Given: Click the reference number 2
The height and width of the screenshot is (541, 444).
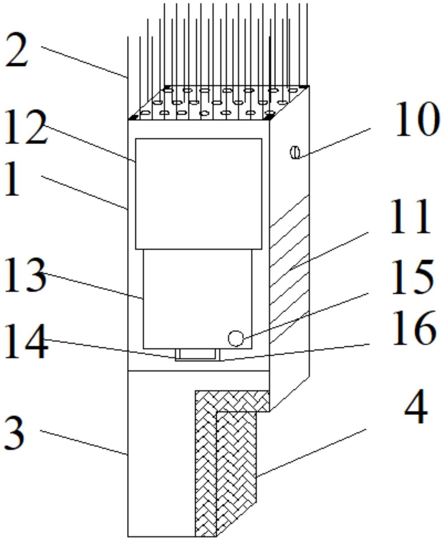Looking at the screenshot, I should tap(17, 50).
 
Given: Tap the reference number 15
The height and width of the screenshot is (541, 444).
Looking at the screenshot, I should tap(413, 277).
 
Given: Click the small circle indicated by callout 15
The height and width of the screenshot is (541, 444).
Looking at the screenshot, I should tap(236, 338).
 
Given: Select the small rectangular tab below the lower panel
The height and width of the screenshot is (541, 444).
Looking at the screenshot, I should tap(197, 354).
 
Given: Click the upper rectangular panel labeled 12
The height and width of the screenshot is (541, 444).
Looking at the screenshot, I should tap(198, 194).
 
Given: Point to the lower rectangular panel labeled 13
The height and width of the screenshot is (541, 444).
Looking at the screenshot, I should tap(197, 299).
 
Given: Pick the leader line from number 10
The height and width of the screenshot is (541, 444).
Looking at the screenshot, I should tap(334, 141).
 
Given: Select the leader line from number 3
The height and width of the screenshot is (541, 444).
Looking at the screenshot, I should tap(83, 442).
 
